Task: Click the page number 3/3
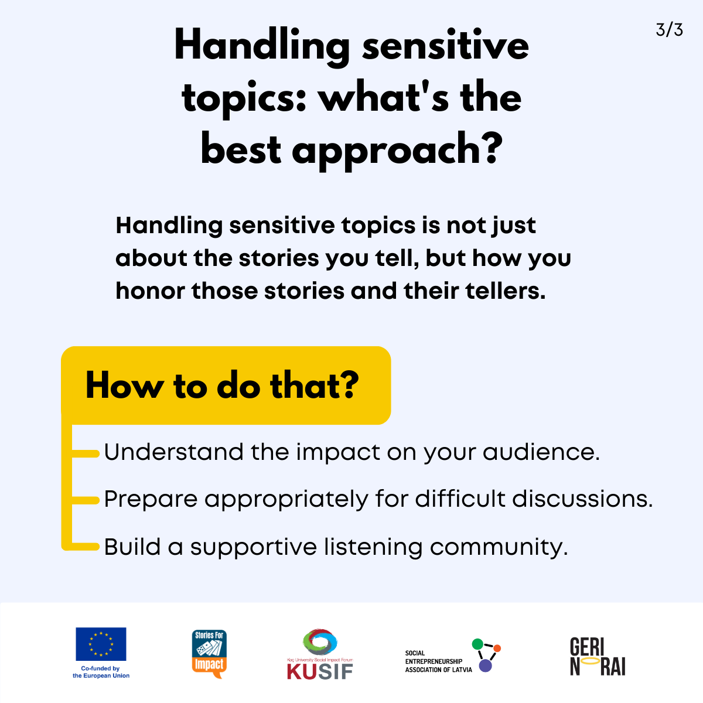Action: click(669, 30)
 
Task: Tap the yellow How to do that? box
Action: click(226, 385)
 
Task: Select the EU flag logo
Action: click(101, 644)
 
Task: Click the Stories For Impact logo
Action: click(209, 654)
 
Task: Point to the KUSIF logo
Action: click(320, 653)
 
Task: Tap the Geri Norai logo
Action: click(598, 657)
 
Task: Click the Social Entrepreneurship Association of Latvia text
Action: click(439, 661)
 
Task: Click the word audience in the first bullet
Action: click(541, 452)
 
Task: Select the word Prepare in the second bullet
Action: click(151, 499)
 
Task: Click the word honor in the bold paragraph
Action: click(151, 291)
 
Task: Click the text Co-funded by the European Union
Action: click(101, 672)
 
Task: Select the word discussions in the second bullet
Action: click(582, 499)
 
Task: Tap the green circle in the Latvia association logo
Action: click(477, 644)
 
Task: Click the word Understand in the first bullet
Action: click(173, 452)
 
